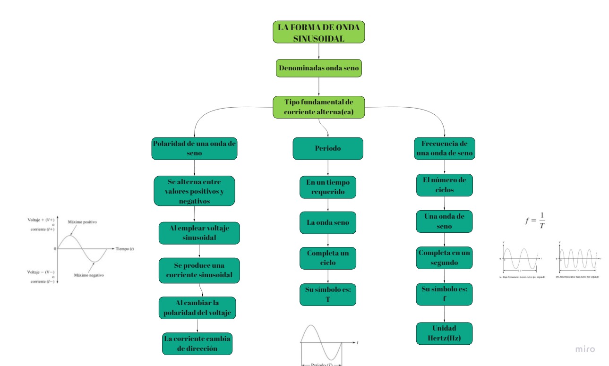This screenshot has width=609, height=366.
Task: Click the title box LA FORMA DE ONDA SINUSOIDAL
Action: pyautogui.click(x=318, y=32)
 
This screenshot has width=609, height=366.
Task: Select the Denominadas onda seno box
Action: pyautogui.click(x=319, y=68)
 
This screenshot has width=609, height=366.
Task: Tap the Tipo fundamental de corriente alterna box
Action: pyautogui.click(x=319, y=107)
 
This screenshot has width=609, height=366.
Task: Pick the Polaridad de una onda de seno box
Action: pyautogui.click(x=194, y=148)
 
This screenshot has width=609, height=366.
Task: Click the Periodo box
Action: pyautogui.click(x=328, y=148)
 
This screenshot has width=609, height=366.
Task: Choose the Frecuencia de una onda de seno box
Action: pyautogui.click(x=444, y=148)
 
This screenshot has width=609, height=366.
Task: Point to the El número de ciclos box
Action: pyautogui.click(x=444, y=185)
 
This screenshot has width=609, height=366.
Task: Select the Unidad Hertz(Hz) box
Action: pyautogui.click(x=444, y=333)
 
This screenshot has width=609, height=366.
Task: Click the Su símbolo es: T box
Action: pyautogui.click(x=328, y=294)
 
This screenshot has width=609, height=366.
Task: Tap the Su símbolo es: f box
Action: pyautogui.click(x=444, y=294)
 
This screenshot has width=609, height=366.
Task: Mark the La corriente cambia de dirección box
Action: pyautogui.click(x=197, y=343)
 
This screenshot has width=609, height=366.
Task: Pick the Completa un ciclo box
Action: pyautogui.click(x=328, y=258)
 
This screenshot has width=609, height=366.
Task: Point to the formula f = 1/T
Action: pyautogui.click(x=535, y=220)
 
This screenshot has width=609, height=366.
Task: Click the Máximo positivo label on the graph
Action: pyautogui.click(x=83, y=222)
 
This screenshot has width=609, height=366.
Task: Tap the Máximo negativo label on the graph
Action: pyautogui.click(x=89, y=275)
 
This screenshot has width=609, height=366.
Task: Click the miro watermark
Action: pyautogui.click(x=585, y=349)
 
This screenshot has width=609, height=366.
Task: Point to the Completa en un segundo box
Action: pyautogui.click(x=444, y=257)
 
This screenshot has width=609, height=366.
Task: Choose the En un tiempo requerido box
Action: pyautogui.click(x=328, y=187)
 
